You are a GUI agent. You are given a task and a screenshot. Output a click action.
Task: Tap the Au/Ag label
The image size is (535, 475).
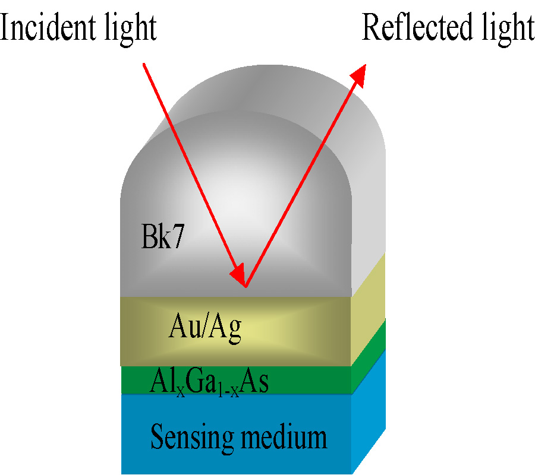[206, 329]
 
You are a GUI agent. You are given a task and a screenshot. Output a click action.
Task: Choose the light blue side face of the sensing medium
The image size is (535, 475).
[369, 410]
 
